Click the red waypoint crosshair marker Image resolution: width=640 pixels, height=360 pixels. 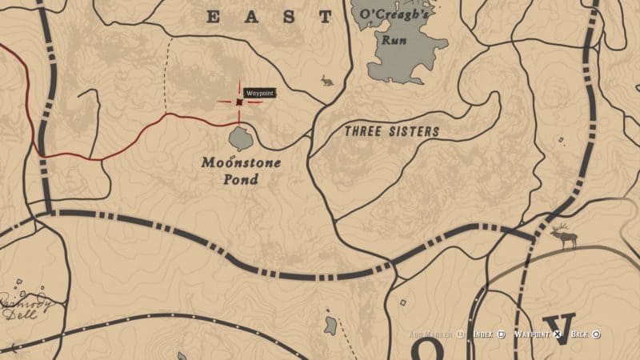239,102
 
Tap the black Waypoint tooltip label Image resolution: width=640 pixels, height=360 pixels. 258,94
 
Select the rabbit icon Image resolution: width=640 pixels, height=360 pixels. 326,80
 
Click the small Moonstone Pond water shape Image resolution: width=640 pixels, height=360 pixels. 240,139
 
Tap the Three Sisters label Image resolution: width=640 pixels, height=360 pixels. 391,131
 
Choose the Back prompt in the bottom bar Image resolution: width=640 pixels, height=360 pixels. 581,334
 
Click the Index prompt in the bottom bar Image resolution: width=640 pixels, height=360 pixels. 484,334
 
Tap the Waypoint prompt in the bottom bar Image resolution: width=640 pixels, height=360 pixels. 532,334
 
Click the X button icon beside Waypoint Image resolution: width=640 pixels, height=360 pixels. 558,334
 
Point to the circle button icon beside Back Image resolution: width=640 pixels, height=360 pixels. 597,334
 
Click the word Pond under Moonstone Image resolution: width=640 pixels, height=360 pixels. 241,179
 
